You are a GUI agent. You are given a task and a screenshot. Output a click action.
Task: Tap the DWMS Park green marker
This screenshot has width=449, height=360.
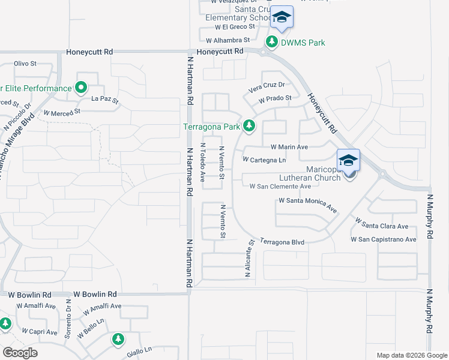pos(272,42)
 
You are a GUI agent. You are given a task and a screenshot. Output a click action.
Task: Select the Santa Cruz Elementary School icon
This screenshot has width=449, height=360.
pos(282,18)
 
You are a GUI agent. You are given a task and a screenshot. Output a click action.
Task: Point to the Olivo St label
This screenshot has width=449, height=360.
pos(25,63)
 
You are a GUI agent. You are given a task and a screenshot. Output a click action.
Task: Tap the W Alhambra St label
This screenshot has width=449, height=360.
pos(228,41)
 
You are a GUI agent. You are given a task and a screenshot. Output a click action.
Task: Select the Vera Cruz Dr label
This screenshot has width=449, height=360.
pos(267,88)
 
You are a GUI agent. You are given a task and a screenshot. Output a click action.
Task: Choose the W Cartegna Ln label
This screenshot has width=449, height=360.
pos(264,160)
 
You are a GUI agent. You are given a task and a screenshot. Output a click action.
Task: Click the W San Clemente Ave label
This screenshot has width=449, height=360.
pos(280,186)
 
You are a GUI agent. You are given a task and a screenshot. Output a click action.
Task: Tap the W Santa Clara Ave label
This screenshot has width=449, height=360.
pos(382,224)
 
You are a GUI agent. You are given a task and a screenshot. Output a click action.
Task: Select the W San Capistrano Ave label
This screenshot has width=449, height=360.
pos(384,239)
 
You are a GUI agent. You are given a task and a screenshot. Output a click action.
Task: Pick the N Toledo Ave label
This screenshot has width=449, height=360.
pos(203,162)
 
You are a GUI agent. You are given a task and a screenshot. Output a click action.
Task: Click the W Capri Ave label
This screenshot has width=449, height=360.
pos(39,331)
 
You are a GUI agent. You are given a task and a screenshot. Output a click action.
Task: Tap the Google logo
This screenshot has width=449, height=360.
pos(20,353)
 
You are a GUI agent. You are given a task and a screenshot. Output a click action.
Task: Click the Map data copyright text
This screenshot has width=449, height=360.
pos(411,355)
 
